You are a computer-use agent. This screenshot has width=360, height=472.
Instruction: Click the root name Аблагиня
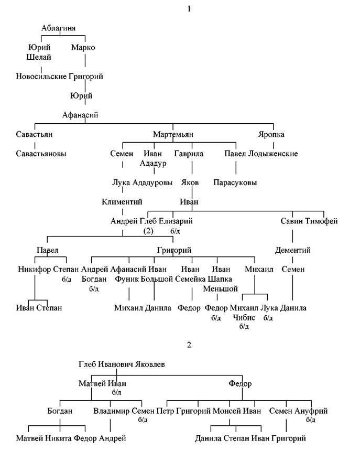click(x=58, y=28)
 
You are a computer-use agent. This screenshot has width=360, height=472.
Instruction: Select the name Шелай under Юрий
click(x=39, y=57)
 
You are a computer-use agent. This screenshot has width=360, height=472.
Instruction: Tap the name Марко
click(x=83, y=47)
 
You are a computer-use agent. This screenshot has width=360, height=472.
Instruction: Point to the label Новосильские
click(x=41, y=76)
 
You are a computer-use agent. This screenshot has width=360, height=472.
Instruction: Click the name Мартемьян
click(x=173, y=134)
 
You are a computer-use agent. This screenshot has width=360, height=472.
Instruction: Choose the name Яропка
click(x=271, y=134)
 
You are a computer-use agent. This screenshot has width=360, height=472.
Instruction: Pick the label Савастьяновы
click(x=41, y=154)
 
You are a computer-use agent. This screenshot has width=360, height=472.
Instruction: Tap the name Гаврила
click(x=189, y=154)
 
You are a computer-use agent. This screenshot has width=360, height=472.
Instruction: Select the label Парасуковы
click(x=235, y=183)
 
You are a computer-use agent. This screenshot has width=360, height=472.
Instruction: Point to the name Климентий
click(x=122, y=202)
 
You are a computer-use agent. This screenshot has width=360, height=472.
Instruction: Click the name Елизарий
click(x=176, y=221)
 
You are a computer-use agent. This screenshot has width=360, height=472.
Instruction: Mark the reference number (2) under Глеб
click(x=148, y=231)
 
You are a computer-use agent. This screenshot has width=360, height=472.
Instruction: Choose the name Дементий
click(x=293, y=250)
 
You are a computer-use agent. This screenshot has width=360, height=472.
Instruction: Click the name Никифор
click(x=35, y=270)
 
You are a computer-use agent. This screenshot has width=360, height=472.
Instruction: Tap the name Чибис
click(x=244, y=318)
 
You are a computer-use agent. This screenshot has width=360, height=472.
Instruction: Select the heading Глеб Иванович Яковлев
click(x=122, y=364)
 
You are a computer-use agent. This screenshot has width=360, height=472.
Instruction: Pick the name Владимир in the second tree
click(x=111, y=411)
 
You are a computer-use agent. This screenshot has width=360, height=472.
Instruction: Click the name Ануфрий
click(x=311, y=411)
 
